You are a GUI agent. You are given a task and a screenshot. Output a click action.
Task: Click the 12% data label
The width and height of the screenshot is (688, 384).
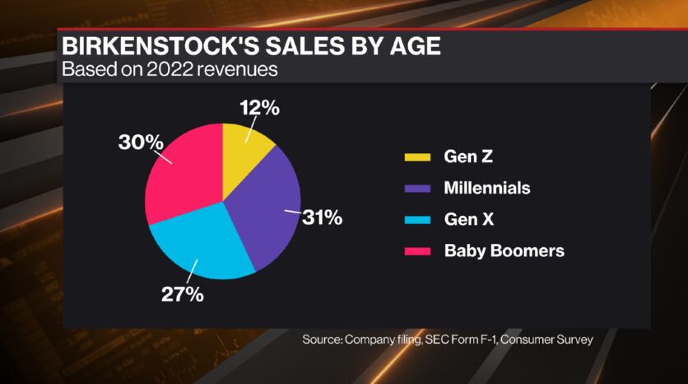[x=259, y=107]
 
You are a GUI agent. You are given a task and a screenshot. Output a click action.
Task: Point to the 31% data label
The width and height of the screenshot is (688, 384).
[x=322, y=218]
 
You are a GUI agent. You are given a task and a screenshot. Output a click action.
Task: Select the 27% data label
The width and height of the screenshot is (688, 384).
[x=183, y=294]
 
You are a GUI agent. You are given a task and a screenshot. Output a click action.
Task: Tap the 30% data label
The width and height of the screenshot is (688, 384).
[x=140, y=143]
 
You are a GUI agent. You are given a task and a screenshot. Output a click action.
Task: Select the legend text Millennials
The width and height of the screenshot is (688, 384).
[x=487, y=188]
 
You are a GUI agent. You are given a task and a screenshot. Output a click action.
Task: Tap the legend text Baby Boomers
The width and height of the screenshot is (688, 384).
[x=504, y=251]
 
